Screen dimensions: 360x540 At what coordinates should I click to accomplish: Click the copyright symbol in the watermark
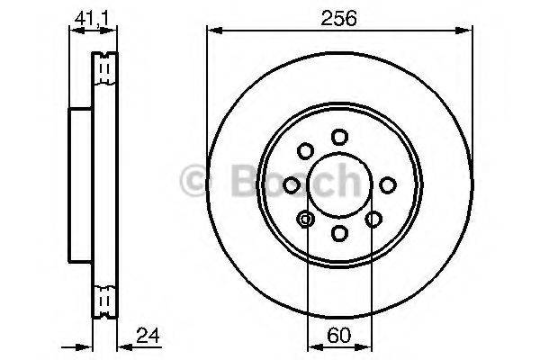coord(196,184)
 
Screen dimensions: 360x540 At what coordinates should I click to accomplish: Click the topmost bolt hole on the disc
coord(338,136)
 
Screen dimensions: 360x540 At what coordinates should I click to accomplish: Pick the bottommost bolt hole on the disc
coord(338,233)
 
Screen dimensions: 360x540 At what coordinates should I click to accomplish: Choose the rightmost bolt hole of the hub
coord(387,184)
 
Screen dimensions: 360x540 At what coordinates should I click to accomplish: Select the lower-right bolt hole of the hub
coord(373,218)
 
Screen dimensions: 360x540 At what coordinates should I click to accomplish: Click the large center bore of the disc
coord(338,184)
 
